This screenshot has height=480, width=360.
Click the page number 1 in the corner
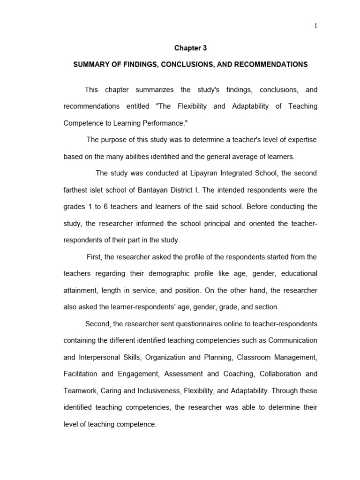(x=316, y=26)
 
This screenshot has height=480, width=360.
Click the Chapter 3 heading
(x=190, y=48)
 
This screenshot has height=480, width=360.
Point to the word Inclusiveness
(x=150, y=390)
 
